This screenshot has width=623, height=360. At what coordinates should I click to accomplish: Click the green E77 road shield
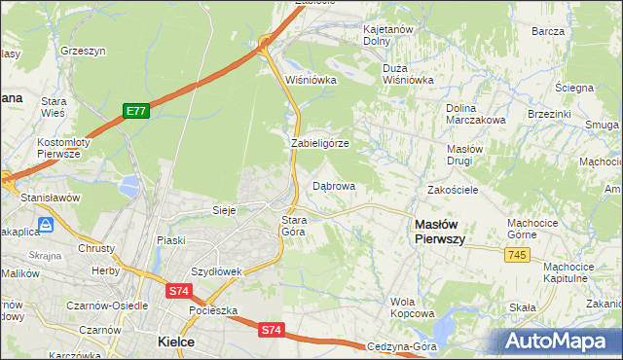135,112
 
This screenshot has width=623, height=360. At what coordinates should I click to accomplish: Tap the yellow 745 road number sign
518,254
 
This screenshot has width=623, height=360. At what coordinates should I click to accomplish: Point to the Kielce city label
176,342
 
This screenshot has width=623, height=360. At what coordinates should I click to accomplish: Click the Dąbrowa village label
333,185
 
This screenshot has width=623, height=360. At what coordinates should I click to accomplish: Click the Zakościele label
453,190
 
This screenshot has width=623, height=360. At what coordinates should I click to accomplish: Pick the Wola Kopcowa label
412,307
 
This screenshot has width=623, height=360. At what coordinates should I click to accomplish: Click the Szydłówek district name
215,271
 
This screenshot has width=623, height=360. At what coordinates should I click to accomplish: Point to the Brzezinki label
548,113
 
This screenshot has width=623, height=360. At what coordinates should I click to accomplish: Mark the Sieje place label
225,209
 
